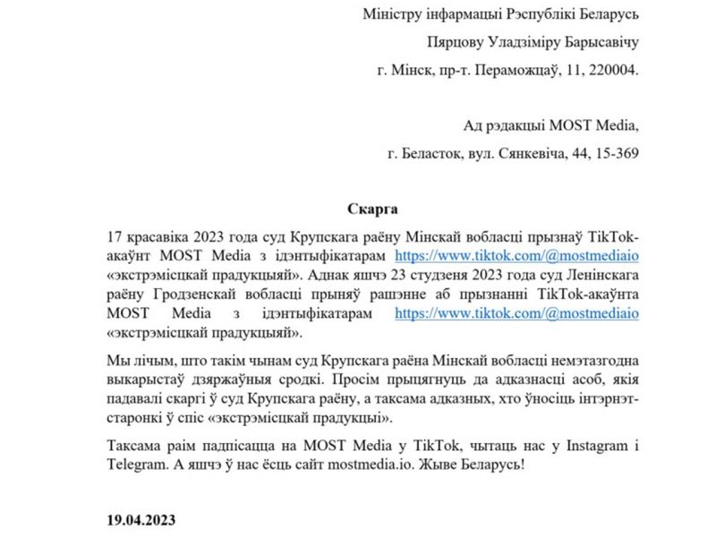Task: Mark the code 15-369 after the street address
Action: click(613, 153)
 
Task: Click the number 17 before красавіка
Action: click(114, 235)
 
